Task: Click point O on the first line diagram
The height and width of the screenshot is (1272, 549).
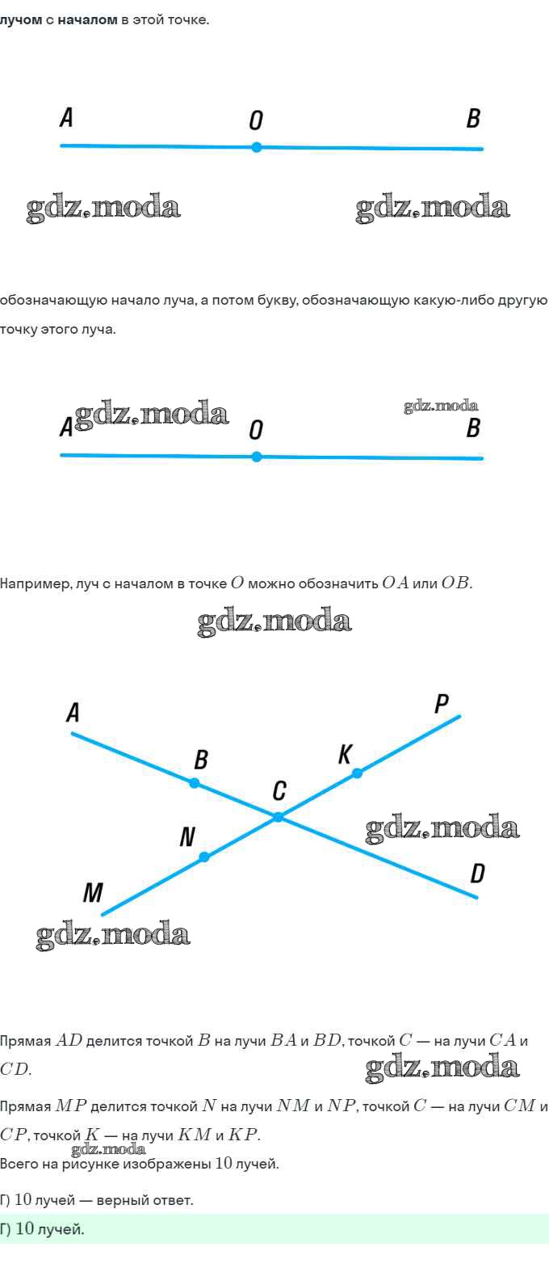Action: pos(257,147)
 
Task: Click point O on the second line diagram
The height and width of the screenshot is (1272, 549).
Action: pos(257,457)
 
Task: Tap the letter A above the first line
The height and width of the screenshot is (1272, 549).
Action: pos(66,119)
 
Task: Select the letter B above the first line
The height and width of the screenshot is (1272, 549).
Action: pos(473,119)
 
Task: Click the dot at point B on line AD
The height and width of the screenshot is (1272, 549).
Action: pos(195,783)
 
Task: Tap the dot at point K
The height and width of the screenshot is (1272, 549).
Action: pos(358,773)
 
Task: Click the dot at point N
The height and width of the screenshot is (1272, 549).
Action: pos(204,857)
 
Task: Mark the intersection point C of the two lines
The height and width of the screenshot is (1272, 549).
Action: pos(279,817)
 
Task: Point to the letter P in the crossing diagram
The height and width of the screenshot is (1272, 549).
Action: pos(442,704)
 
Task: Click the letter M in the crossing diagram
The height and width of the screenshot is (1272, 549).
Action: pos(93,893)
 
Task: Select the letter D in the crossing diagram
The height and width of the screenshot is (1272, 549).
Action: pos(477,874)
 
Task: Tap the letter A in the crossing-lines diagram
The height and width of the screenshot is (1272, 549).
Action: pos(73,714)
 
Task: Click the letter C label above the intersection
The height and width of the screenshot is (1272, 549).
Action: pos(279,790)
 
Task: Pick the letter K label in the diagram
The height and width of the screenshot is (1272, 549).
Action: pos(345,755)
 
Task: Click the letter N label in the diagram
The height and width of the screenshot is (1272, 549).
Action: pos(186,837)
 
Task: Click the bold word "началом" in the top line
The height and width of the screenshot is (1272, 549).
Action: pos(87,20)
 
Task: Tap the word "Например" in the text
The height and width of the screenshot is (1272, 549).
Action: pos(36,583)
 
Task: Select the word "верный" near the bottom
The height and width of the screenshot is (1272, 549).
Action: pos(123,1200)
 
